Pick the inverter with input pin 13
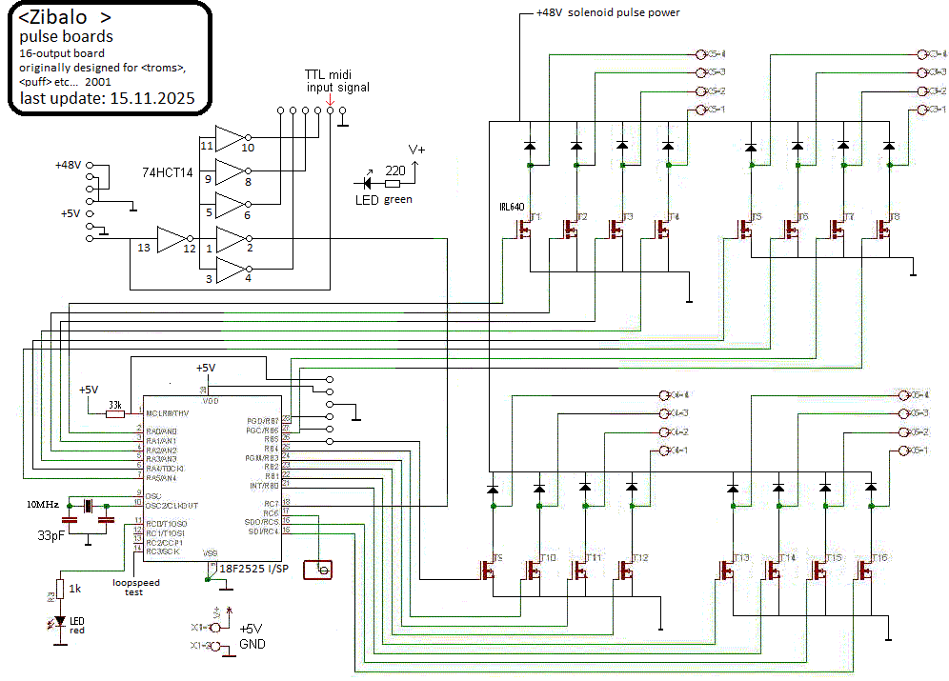(x=172, y=240)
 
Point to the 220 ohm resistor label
(x=393, y=171)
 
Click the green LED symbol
(x=366, y=182)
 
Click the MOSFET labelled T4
(x=662, y=229)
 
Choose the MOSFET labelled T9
(x=487, y=570)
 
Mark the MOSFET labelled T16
(x=865, y=570)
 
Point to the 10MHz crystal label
(x=42, y=504)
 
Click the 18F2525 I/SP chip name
(x=252, y=569)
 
